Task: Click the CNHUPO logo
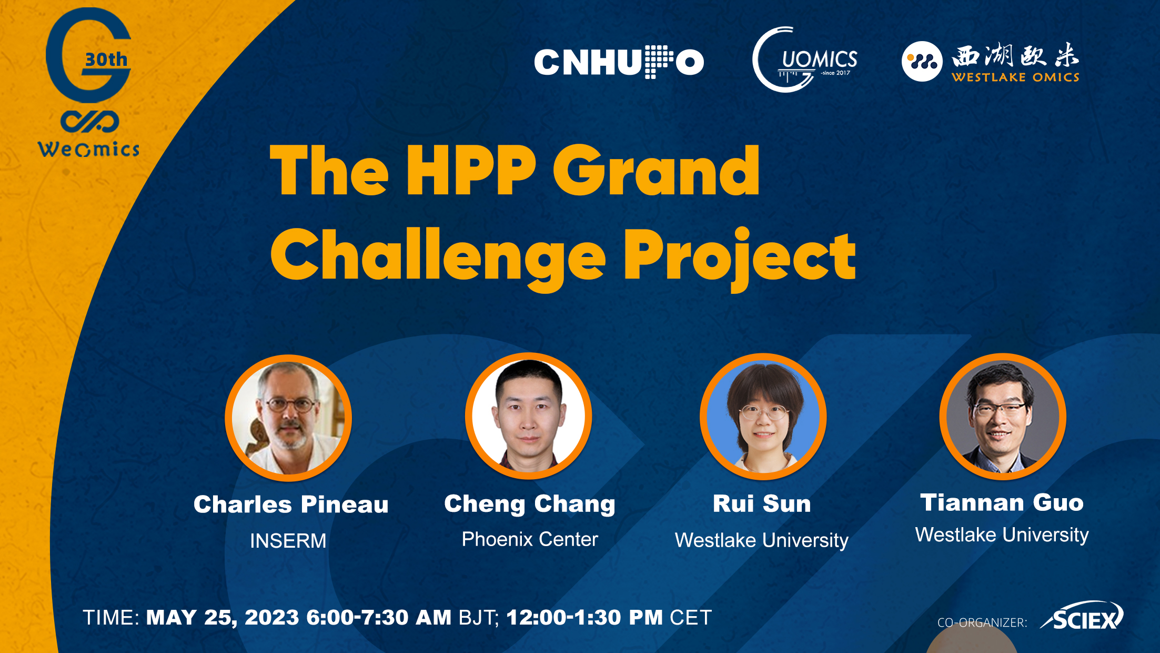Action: (619, 62)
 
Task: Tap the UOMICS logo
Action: (805, 60)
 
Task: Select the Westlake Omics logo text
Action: (1015, 62)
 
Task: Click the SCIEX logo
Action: (1082, 616)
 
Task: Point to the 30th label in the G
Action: (106, 60)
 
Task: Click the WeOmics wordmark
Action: (88, 150)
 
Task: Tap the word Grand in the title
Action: (656, 171)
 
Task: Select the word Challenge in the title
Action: (438, 258)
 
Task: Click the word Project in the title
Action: (740, 258)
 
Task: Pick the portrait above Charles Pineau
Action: (288, 418)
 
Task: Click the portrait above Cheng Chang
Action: (529, 416)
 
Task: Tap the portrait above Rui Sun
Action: (763, 417)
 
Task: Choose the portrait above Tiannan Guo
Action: (1003, 417)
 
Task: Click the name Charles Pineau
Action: (291, 504)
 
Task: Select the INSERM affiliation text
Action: (288, 541)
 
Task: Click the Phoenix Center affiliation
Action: (530, 539)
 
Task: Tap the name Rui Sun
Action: (762, 503)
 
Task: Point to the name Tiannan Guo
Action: (1002, 502)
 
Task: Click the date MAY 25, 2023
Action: (223, 618)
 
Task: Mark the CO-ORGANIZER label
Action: (982, 622)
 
